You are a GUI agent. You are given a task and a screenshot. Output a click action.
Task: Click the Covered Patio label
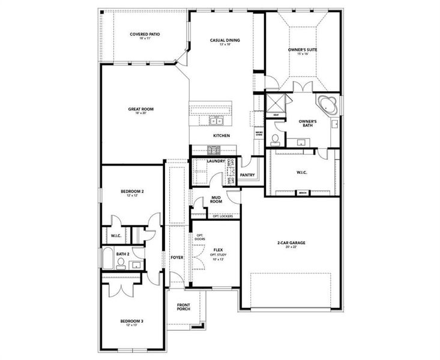coord(144,34)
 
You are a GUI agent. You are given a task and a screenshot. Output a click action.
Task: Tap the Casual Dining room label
coord(225,40)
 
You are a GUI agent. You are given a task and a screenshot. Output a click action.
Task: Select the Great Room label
coord(141,109)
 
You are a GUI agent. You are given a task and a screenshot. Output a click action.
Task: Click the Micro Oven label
coord(259,134)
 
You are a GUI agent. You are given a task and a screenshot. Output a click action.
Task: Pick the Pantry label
coord(247,175)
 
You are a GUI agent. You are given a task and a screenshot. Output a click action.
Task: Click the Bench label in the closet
coord(303,193)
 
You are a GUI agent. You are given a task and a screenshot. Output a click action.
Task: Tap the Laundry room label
coord(215,161)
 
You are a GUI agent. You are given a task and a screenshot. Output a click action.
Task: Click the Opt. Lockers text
coord(222,215)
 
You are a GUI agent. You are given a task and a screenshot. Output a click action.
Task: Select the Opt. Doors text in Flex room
coord(200,237)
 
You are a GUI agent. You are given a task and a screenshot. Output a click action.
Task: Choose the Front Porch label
coord(184,307)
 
